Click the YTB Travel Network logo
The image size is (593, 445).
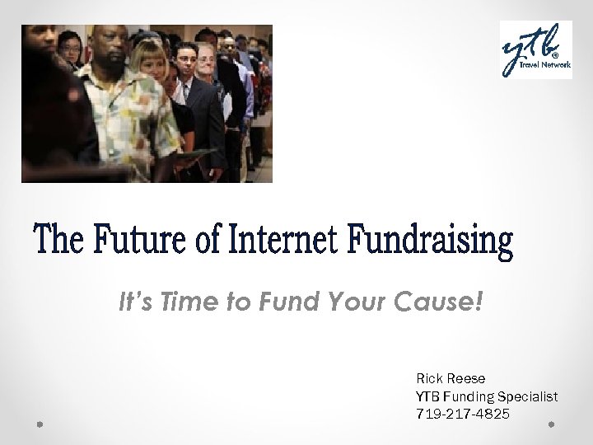(535, 49)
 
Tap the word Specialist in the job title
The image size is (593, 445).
(528, 396)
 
